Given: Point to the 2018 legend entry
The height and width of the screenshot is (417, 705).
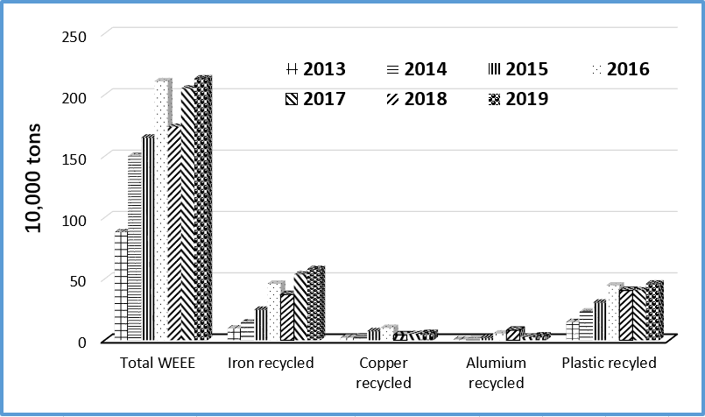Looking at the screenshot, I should (416, 99).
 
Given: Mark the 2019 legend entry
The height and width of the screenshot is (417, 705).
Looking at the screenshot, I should (518, 99).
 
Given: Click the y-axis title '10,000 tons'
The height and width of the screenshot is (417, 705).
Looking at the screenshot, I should (33, 187).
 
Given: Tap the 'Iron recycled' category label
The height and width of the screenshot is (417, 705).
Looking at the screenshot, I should (270, 363).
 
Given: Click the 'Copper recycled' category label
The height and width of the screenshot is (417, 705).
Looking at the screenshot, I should (384, 372).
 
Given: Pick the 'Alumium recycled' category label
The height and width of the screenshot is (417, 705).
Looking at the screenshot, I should (497, 372).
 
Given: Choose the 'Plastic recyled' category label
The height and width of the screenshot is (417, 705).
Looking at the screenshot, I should (609, 363).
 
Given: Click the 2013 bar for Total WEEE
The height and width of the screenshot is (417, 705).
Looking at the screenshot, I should (120, 285).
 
